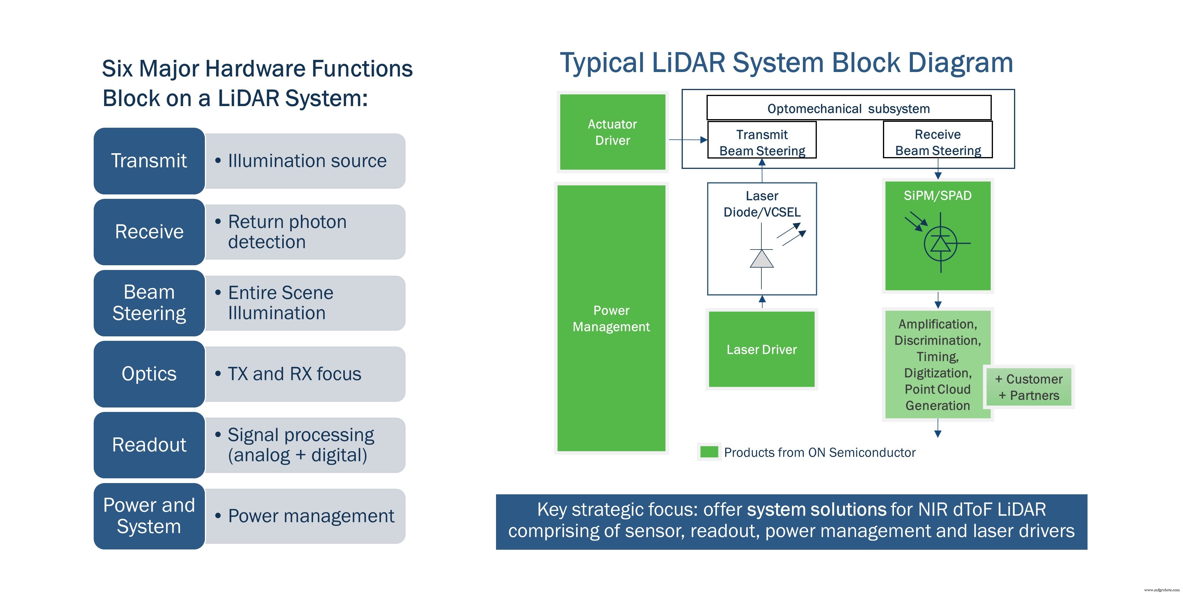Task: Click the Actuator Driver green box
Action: pos(612,132)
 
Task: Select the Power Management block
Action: pos(611,318)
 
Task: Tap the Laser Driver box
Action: pos(761,349)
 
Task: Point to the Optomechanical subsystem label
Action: pos(848,108)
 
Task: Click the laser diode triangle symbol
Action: pos(761,259)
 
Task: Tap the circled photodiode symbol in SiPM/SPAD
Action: pos(940,243)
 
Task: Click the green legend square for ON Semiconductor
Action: pos(709,452)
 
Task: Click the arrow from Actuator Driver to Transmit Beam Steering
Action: pos(688,140)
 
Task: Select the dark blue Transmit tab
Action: pos(149,161)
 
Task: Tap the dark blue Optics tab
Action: pos(149,374)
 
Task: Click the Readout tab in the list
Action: pos(149,445)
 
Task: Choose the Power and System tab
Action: pos(149,516)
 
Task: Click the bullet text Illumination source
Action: pos(307,161)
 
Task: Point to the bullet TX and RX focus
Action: pos(294,374)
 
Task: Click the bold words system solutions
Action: pos(816,509)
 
